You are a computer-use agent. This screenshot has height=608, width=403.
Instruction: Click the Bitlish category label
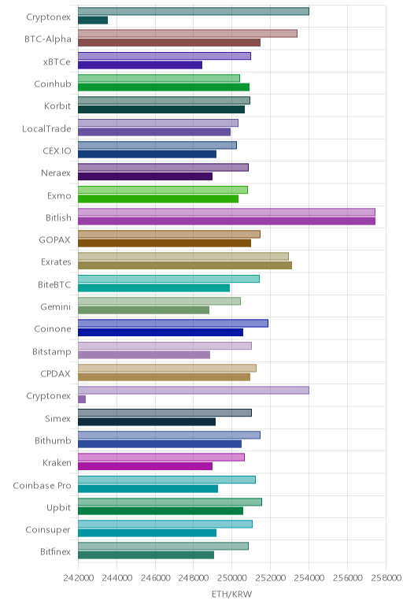tap(58, 217)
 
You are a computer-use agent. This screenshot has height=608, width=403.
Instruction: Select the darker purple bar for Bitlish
tap(227, 221)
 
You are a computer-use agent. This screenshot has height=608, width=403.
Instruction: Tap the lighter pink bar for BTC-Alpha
tap(187, 33)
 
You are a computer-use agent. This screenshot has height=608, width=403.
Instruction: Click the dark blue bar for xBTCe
tap(140, 65)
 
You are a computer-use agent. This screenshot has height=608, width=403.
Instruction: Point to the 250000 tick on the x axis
tap(231, 578)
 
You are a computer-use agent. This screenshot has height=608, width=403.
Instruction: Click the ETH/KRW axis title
tap(231, 594)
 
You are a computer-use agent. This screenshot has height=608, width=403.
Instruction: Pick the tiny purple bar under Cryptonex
tap(82, 399)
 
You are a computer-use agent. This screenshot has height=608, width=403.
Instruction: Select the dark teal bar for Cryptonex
tap(93, 20)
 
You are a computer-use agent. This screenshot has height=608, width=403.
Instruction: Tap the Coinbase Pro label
tap(43, 485)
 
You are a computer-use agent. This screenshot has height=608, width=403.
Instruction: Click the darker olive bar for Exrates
tap(185, 265)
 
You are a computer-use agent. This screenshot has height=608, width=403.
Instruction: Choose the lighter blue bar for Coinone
tap(173, 323)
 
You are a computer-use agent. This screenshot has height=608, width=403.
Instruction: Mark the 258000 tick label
tap(386, 578)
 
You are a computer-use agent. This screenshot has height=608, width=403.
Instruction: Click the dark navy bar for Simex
tap(146, 422)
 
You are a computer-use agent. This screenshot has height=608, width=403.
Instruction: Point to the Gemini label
tap(56, 306)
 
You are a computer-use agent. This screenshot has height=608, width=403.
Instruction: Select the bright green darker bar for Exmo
tap(158, 199)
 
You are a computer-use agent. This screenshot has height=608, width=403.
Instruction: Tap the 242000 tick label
tap(78, 578)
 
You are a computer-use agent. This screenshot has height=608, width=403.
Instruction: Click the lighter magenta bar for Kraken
tap(161, 457)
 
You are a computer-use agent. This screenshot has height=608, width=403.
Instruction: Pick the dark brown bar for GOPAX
tap(165, 243)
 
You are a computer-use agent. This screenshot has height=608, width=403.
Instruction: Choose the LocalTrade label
tap(46, 128)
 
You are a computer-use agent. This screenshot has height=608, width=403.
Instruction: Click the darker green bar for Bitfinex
tap(146, 555)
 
